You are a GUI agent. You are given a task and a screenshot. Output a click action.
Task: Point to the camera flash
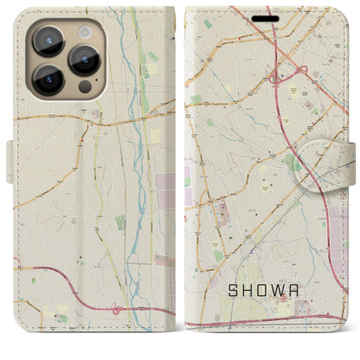(84, 31)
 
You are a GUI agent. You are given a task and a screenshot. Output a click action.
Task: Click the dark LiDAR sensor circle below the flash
(84, 87)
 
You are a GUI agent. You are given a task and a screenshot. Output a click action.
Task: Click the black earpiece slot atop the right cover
(267, 18)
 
